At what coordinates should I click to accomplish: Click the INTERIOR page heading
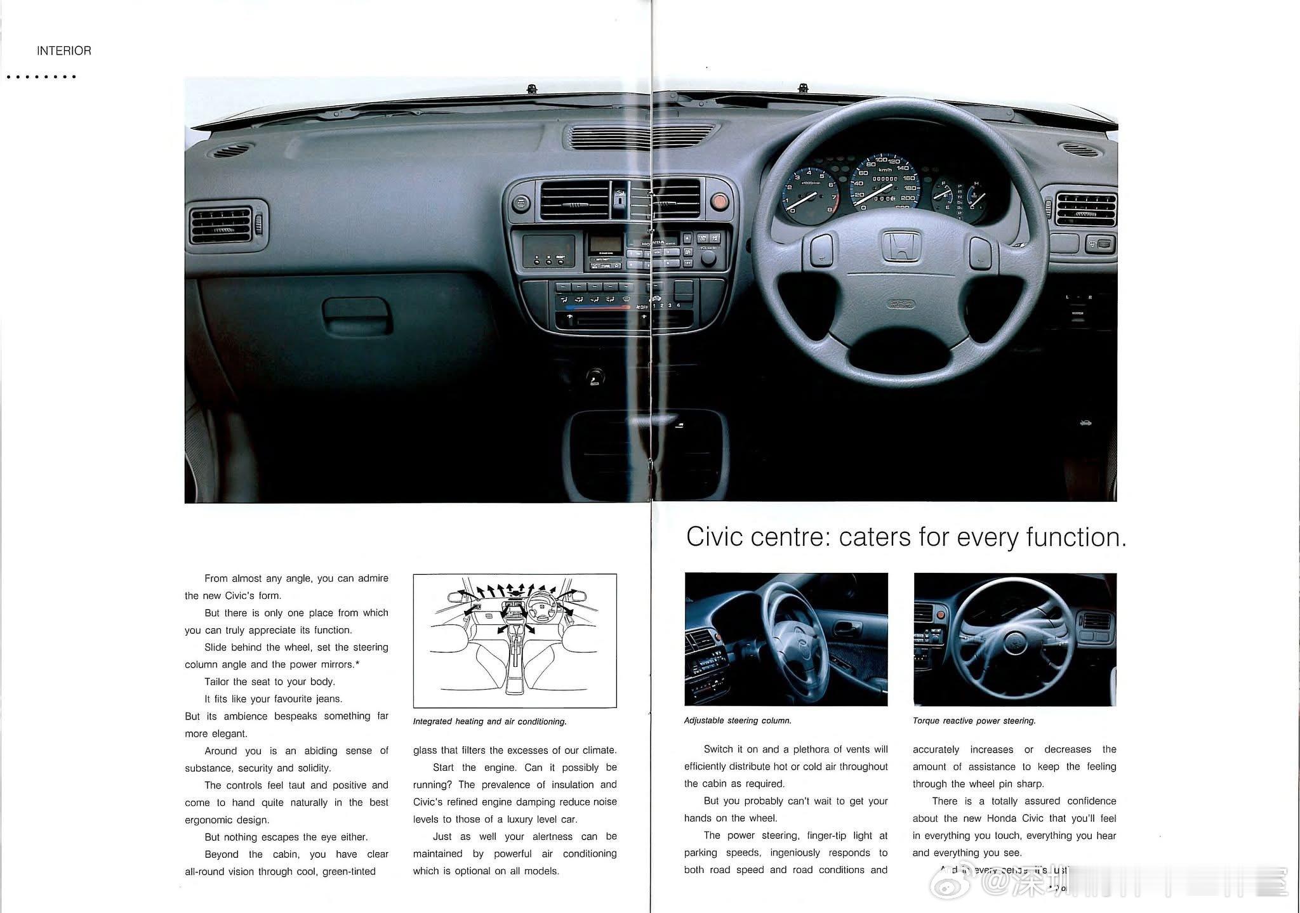pos(63,51)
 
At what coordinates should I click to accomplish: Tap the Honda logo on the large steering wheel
pos(900,246)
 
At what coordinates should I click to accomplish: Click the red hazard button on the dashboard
pos(719,202)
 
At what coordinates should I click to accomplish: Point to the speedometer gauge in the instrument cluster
pos(884,186)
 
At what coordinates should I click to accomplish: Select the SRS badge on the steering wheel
pos(900,305)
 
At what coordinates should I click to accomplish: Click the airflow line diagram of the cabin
pos(515,641)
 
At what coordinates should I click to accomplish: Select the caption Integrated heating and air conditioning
pos(489,721)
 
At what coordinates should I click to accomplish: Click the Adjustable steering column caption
pos(738,721)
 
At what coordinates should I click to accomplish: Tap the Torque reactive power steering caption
pos(974,721)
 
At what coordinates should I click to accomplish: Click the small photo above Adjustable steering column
pos(786,639)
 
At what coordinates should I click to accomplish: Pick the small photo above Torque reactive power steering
pos(1014,639)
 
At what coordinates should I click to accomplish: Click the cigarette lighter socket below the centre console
pos(595,378)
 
